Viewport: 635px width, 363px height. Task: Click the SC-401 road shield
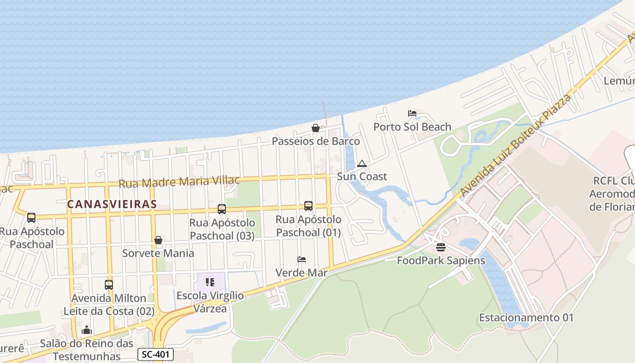[155, 354]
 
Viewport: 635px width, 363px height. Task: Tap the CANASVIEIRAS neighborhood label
[112, 204]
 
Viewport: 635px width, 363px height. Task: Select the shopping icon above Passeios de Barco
[316, 128]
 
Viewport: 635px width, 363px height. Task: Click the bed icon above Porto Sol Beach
[412, 113]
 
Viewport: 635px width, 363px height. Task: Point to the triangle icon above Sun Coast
[361, 163]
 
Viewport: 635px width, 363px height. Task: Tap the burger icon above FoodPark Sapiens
[440, 247]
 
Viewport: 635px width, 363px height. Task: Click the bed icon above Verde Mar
[302, 260]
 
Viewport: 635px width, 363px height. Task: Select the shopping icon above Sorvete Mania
[158, 240]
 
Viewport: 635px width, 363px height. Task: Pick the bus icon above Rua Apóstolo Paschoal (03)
[222, 209]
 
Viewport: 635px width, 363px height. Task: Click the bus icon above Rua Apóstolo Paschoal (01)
[308, 206]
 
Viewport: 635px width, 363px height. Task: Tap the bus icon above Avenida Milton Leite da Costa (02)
[109, 285]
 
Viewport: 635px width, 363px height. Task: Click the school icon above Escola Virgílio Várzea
[210, 282]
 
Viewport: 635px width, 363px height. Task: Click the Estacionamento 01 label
[526, 318]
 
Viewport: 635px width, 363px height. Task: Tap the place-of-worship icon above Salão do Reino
[87, 330]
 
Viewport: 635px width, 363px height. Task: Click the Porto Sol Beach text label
[412, 127]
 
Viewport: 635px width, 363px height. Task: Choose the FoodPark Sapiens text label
[441, 260]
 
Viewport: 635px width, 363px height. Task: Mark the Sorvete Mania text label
[158, 253]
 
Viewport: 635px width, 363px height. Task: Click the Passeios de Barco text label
[316, 141]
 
